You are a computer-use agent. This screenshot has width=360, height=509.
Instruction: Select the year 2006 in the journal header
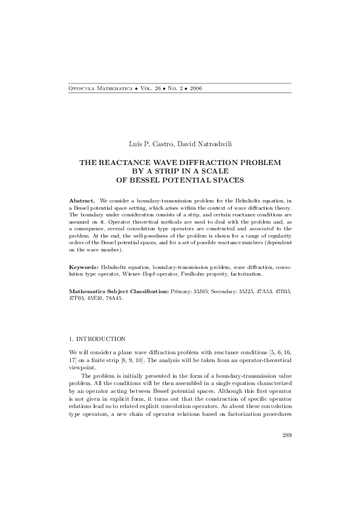195,88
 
